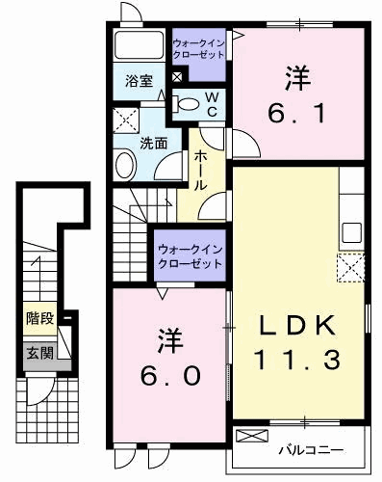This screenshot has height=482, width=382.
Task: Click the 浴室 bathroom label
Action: pos(140,82)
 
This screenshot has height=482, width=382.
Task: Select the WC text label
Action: pos(215,105)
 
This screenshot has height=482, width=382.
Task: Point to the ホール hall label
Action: pos(201,170)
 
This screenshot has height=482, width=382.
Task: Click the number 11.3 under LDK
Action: pos(299,362)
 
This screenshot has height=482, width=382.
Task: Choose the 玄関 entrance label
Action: pos(39,352)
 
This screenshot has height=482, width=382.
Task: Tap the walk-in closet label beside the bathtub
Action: pos(200,48)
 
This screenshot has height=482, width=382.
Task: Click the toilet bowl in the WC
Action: pos(190,104)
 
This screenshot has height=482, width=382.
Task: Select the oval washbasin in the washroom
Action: pos(126,165)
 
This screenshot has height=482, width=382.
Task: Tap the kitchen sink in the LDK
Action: pos(351,232)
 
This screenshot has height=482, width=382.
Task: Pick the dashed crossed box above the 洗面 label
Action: pos(125,120)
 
